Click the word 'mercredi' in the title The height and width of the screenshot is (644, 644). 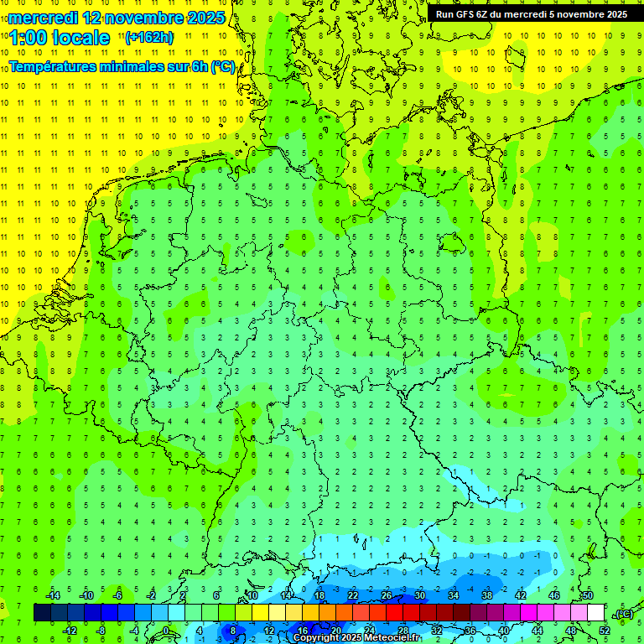(44, 17)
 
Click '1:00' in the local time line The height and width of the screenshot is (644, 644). (30, 38)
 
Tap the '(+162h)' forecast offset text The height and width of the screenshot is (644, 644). (149, 37)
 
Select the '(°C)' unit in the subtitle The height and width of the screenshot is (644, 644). (222, 67)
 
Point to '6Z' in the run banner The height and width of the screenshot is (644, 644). (486, 14)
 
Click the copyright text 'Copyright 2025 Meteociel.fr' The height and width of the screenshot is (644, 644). (356, 637)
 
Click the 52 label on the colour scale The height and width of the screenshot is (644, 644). (605, 630)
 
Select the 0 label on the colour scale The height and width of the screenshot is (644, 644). (167, 630)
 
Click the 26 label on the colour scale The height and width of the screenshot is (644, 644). (387, 595)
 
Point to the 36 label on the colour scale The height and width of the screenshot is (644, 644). (470, 630)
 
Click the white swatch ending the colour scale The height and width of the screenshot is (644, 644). (596, 612)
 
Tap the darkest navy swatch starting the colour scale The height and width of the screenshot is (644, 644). (42, 612)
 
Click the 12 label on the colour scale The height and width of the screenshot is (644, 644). (269, 630)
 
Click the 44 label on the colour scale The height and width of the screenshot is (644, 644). (538, 630)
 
